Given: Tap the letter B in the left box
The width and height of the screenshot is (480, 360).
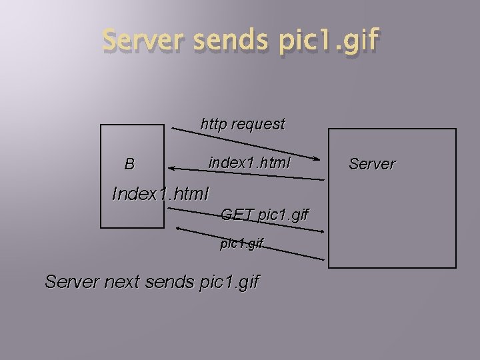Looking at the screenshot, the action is coord(129,164).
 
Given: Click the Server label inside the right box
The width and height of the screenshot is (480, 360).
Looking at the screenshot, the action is coord(372,163).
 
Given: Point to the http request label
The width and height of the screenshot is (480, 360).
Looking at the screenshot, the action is coord(243,124).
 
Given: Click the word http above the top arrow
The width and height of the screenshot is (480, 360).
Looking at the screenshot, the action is coord(213,124).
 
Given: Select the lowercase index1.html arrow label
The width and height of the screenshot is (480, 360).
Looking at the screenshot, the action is coord(249,162).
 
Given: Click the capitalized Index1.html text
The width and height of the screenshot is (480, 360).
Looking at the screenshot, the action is coord(161,194).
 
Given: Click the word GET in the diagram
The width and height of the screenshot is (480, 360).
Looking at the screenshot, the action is coord(237,215).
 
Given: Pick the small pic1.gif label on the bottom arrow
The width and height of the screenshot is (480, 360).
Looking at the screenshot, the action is coord(242,244).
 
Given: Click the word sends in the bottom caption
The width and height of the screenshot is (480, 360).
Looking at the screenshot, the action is coord(175,282).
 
